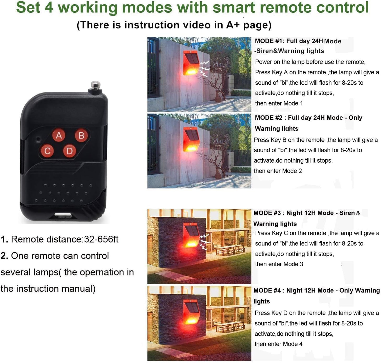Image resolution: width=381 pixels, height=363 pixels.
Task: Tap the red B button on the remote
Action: [x=81, y=135]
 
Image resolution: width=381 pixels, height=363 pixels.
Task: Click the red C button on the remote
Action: [x=47, y=151]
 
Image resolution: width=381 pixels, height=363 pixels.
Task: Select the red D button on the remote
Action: [x=70, y=151]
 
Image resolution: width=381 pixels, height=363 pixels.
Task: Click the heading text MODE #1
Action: [x=268, y=41]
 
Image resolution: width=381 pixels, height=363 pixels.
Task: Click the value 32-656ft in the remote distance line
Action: [x=101, y=239]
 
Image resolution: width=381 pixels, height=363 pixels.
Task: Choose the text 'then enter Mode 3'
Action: [x=279, y=264]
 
